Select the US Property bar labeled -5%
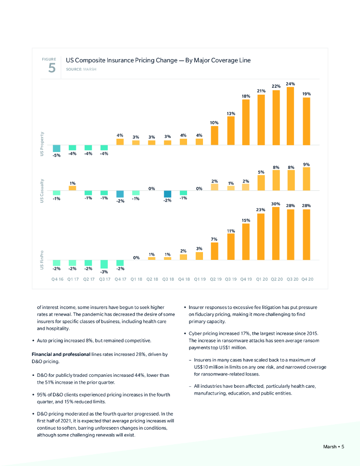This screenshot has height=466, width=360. (x=56, y=148)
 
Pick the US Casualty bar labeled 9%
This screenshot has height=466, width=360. (x=306, y=179)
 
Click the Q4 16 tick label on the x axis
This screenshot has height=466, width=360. (x=56, y=279)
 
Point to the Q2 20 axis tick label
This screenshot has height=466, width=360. (x=277, y=279)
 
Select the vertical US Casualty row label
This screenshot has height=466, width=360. (x=41, y=190)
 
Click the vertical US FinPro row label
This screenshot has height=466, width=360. (x=41, y=259)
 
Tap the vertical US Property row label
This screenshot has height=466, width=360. (x=41, y=145)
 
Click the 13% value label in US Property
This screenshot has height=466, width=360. (x=231, y=113)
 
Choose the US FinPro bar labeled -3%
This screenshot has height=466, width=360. (x=104, y=264)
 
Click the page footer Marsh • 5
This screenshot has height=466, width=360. (x=330, y=446)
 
